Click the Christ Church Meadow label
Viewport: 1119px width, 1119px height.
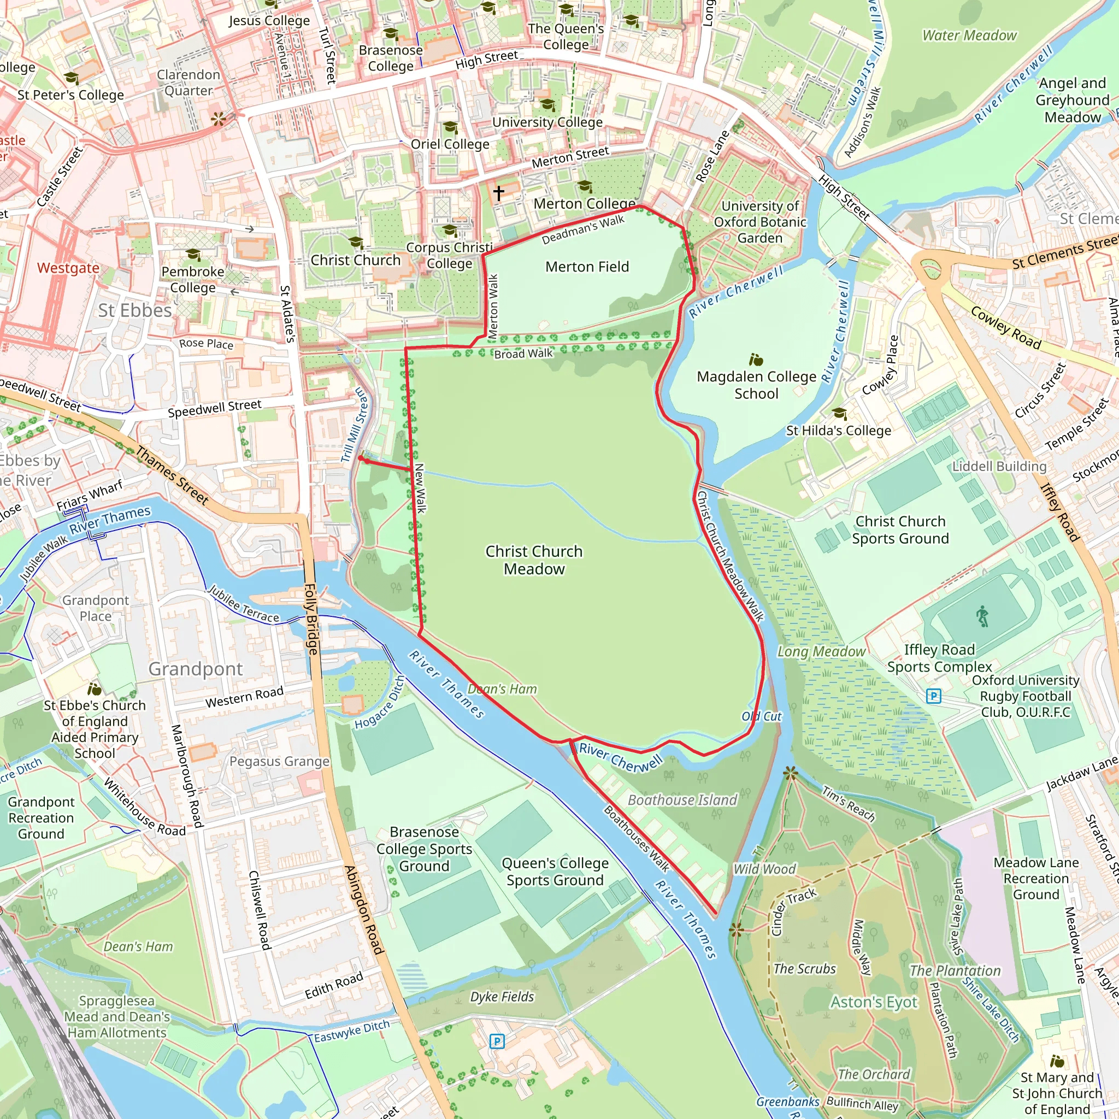533,559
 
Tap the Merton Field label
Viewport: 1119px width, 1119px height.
587,267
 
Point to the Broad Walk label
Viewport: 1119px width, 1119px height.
523,354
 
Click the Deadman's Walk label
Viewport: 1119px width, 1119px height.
582,229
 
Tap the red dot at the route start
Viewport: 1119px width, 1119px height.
360,458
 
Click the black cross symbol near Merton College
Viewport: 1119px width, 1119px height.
499,192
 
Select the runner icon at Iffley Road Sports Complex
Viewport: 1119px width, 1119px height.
982,616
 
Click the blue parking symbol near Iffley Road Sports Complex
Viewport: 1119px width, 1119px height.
933,696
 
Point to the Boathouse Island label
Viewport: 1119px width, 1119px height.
682,800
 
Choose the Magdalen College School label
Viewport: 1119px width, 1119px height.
756,385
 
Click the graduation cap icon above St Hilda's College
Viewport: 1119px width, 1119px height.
839,414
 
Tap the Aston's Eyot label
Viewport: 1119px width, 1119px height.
874,1002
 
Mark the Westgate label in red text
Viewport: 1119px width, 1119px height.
68,268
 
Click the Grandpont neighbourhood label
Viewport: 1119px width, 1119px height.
196,669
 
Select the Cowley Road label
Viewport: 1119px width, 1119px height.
1005,327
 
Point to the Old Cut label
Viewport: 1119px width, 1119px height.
762,716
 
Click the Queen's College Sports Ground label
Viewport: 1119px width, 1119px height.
555,871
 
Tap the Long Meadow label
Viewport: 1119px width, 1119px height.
821,652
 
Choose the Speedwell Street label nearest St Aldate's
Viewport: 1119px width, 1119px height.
214,408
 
